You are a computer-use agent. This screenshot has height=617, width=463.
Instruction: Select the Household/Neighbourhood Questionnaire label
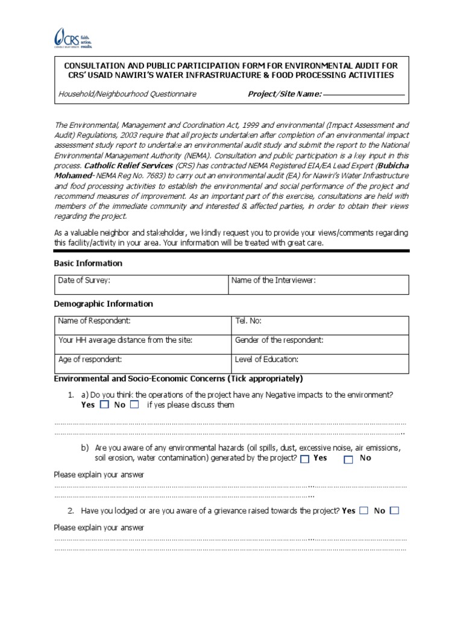127,94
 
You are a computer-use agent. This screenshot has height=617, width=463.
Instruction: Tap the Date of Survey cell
141,284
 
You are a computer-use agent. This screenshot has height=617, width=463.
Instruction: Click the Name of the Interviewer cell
318,284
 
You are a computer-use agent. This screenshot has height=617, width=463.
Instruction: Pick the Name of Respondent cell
143,326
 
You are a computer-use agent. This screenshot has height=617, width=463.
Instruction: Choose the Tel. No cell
320,326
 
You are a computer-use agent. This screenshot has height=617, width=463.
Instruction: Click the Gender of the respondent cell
320,345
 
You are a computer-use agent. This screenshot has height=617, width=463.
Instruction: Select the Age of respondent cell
143,363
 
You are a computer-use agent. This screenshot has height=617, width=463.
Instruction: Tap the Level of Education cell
320,363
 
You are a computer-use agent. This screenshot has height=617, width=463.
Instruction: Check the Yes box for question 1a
104,405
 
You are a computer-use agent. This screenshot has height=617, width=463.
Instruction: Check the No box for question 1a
134,405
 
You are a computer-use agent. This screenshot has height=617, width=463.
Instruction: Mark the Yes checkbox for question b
304,459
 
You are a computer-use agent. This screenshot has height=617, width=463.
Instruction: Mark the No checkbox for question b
348,459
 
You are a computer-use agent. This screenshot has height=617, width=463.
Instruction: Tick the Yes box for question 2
364,511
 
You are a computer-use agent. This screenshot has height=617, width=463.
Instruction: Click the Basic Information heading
88,263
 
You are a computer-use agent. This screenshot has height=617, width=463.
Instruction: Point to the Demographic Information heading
103,304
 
